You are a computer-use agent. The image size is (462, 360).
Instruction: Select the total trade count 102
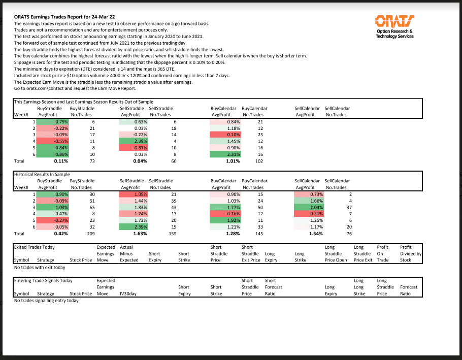pos(259,161)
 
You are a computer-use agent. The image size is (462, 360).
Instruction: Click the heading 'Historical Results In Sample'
pos(42,174)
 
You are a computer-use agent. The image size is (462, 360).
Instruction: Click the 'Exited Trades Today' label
pos(35,247)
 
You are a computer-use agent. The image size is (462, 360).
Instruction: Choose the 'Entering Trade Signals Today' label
pos(43,280)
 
